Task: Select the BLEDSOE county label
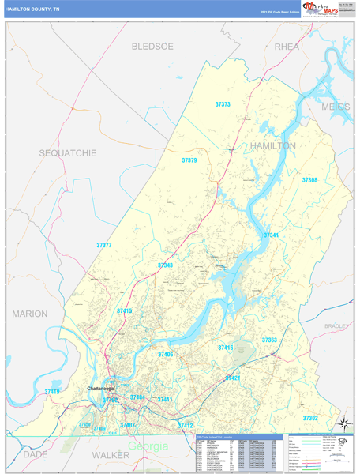click(x=152, y=47)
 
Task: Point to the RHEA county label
click(x=288, y=47)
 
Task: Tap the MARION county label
click(x=30, y=314)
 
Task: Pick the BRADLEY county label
click(x=336, y=325)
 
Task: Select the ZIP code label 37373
click(x=223, y=104)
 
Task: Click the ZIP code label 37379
click(x=189, y=160)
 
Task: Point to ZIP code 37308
click(x=309, y=180)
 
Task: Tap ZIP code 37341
click(x=272, y=235)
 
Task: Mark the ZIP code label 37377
click(x=104, y=246)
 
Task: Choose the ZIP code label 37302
click(x=309, y=417)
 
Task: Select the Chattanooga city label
click(x=100, y=389)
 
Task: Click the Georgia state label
click(x=147, y=446)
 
